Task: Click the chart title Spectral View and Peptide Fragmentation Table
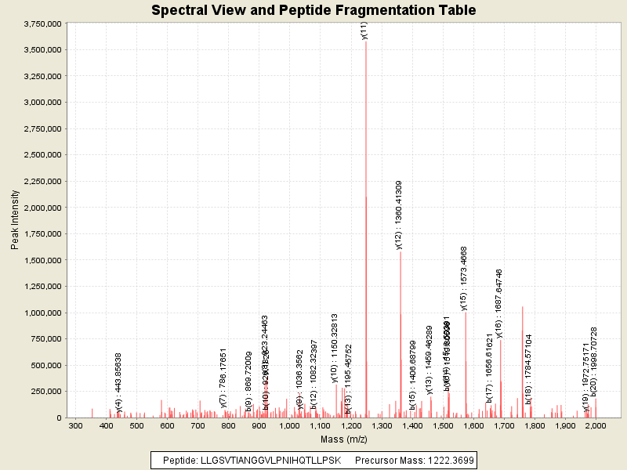pyautogui.click(x=313, y=10)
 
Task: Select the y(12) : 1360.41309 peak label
pyautogui.click(x=400, y=215)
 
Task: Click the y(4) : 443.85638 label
pyautogui.click(x=119, y=382)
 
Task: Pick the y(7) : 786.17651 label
pyautogui.click(x=223, y=378)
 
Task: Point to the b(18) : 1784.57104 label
pyautogui.click(x=529, y=369)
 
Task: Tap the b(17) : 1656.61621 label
pyautogui.click(x=489, y=378)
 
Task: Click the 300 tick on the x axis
pyautogui.click(x=75, y=425)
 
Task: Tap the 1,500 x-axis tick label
pyautogui.click(x=443, y=425)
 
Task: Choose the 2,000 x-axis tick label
pyautogui.click(x=596, y=425)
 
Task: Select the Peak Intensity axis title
pyautogui.click(x=15, y=221)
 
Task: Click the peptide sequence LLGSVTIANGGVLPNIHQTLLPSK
pyautogui.click(x=271, y=460)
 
